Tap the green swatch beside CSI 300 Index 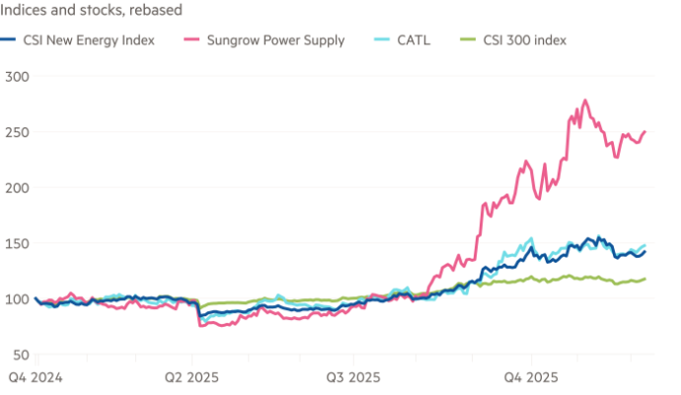click(x=470, y=40)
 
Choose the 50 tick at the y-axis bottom click(x=18, y=355)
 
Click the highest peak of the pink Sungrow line click(x=586, y=99)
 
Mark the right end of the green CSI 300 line click(x=646, y=278)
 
